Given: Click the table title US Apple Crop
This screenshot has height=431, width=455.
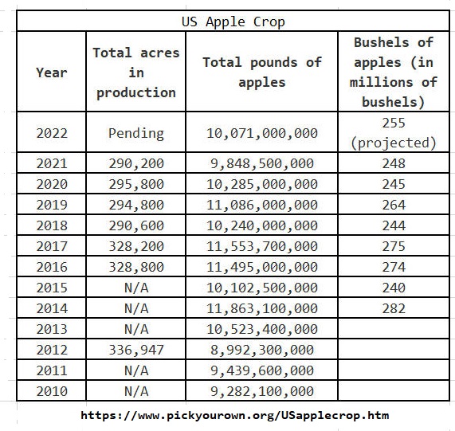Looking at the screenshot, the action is coord(233,22).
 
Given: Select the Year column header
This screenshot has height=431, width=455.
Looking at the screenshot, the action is coord(52,72).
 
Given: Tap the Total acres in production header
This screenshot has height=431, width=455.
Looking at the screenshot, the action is coord(136,72).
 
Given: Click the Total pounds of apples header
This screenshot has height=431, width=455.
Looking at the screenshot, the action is coord(262,72).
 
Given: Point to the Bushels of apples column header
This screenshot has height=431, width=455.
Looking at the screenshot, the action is coord(394,72).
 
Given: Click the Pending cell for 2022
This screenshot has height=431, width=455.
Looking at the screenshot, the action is coord(136,133).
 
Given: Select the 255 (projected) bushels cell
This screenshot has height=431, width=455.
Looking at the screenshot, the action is coord(394,133).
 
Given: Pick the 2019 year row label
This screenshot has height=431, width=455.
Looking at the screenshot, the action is coord(52,205).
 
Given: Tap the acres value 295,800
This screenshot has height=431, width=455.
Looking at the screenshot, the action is coord(136,184).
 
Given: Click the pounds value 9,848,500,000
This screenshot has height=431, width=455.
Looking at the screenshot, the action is coord(262,163).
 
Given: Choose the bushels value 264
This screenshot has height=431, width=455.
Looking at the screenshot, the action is coord(394,205).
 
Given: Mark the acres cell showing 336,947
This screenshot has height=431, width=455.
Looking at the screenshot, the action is coord(136,350).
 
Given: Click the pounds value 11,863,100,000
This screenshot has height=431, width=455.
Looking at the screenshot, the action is coord(262,308).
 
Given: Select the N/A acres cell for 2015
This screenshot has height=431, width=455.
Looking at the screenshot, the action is coord(136,288).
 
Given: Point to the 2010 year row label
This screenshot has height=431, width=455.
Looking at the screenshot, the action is coord(52,391).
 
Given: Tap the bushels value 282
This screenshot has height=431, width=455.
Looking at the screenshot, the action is coord(394,308).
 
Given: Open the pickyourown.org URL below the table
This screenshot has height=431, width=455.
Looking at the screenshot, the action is coord(235,416).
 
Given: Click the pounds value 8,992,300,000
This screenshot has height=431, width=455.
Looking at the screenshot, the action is coord(262,350).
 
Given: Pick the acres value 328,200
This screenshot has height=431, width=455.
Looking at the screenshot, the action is coord(136,246).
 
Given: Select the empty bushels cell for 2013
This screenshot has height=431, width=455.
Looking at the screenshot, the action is coord(394,328).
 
